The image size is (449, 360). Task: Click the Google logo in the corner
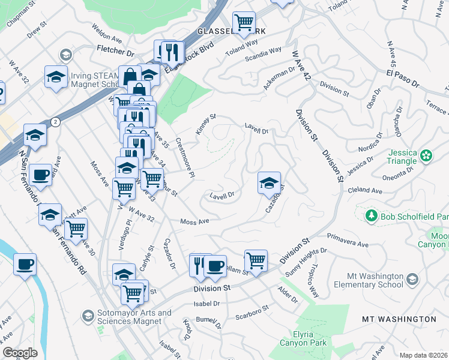[20, 353]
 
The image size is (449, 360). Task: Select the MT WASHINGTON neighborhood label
[399, 319]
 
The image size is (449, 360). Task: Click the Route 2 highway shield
[55, 122]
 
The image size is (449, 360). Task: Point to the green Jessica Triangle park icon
[426, 155]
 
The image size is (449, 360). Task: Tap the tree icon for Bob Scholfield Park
[372, 215]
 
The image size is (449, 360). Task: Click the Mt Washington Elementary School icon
[412, 279]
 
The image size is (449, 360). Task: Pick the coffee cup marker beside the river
[25, 264]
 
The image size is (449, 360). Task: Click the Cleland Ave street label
[365, 191]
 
